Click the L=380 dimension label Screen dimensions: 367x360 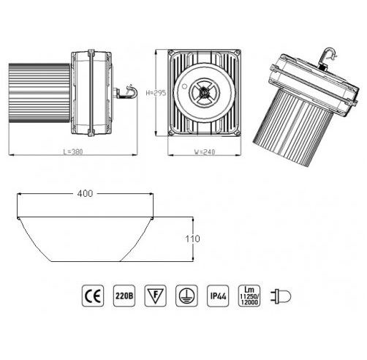coord(73,151)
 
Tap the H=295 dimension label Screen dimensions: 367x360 coord(156,93)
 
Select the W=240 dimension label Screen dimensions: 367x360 coord(205,152)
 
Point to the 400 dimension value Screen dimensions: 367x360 coord(85,194)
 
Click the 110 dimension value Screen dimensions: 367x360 coord(192,239)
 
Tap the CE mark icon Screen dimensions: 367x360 coord(93,296)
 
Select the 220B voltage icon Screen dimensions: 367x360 coord(124,296)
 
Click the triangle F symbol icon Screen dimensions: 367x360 coord(155,296)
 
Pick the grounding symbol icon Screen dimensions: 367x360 coord(186,296)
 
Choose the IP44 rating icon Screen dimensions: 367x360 coord(218,296)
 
